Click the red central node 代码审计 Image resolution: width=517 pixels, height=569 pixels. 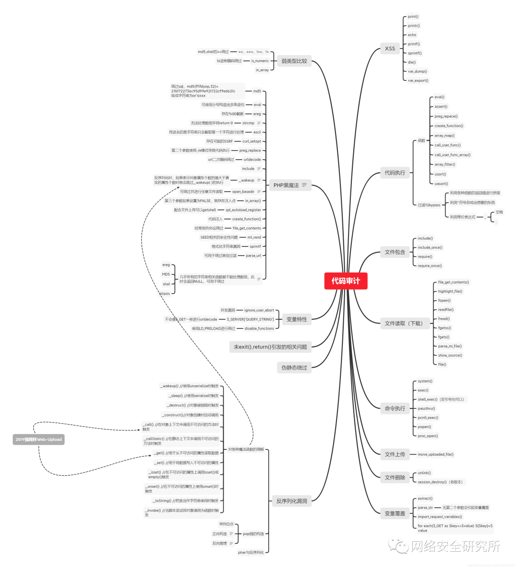(x=345, y=281)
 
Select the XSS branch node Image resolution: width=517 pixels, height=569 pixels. (x=390, y=48)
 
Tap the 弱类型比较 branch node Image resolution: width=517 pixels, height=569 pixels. (x=294, y=61)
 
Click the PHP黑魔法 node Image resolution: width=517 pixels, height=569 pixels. (x=286, y=185)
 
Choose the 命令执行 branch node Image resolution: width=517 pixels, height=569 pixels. (x=394, y=408)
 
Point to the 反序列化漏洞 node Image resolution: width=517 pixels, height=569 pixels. (x=292, y=501)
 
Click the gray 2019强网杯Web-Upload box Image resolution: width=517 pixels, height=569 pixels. (x=39, y=439)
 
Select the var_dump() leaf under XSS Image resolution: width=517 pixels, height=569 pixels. (x=417, y=71)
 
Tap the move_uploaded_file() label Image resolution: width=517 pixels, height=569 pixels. (x=436, y=454)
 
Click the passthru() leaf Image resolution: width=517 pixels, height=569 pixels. (x=426, y=408)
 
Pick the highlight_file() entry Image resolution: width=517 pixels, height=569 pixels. (x=450, y=291)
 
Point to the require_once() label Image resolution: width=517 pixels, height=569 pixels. (x=429, y=265)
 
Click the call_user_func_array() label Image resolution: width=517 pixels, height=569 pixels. (x=452, y=154)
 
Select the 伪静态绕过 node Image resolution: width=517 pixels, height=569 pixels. (x=294, y=368)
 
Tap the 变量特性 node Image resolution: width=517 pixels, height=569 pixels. (x=296, y=319)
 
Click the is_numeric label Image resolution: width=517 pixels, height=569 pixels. (x=260, y=61)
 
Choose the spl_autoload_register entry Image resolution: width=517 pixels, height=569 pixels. (x=243, y=210)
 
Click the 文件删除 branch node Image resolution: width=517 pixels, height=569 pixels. (x=394, y=477)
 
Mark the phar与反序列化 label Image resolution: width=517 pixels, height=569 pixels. (x=251, y=552)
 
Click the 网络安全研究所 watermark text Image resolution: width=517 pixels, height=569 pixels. (x=455, y=546)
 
